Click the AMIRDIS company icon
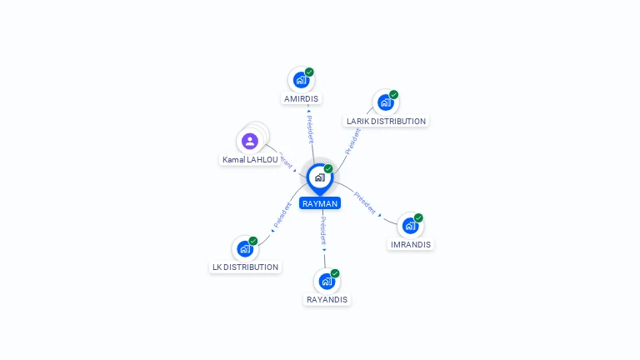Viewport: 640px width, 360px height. point(301,81)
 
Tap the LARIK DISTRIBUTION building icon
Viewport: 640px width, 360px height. point(385,102)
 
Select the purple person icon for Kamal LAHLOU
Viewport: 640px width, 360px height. point(250,141)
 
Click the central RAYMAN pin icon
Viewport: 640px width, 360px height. point(319,177)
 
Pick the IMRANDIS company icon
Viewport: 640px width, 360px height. point(410,226)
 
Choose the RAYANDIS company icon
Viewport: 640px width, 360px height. point(327,282)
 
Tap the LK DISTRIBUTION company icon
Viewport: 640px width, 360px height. point(245,248)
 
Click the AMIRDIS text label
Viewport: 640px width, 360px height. point(301,98)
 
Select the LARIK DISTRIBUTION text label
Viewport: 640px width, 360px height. point(386,121)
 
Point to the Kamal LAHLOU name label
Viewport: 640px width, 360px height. point(250,159)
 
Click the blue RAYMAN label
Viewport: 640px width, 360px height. point(320,203)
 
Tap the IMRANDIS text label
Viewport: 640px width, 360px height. point(411,245)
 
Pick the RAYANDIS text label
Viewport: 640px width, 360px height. point(327,299)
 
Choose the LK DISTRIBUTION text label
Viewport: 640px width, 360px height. point(245,267)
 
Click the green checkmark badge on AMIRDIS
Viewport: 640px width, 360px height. point(309,72)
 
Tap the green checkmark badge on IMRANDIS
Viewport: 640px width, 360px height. point(418,217)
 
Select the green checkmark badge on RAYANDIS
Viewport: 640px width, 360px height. point(335,273)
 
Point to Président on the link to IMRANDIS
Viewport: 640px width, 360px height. point(365,202)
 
